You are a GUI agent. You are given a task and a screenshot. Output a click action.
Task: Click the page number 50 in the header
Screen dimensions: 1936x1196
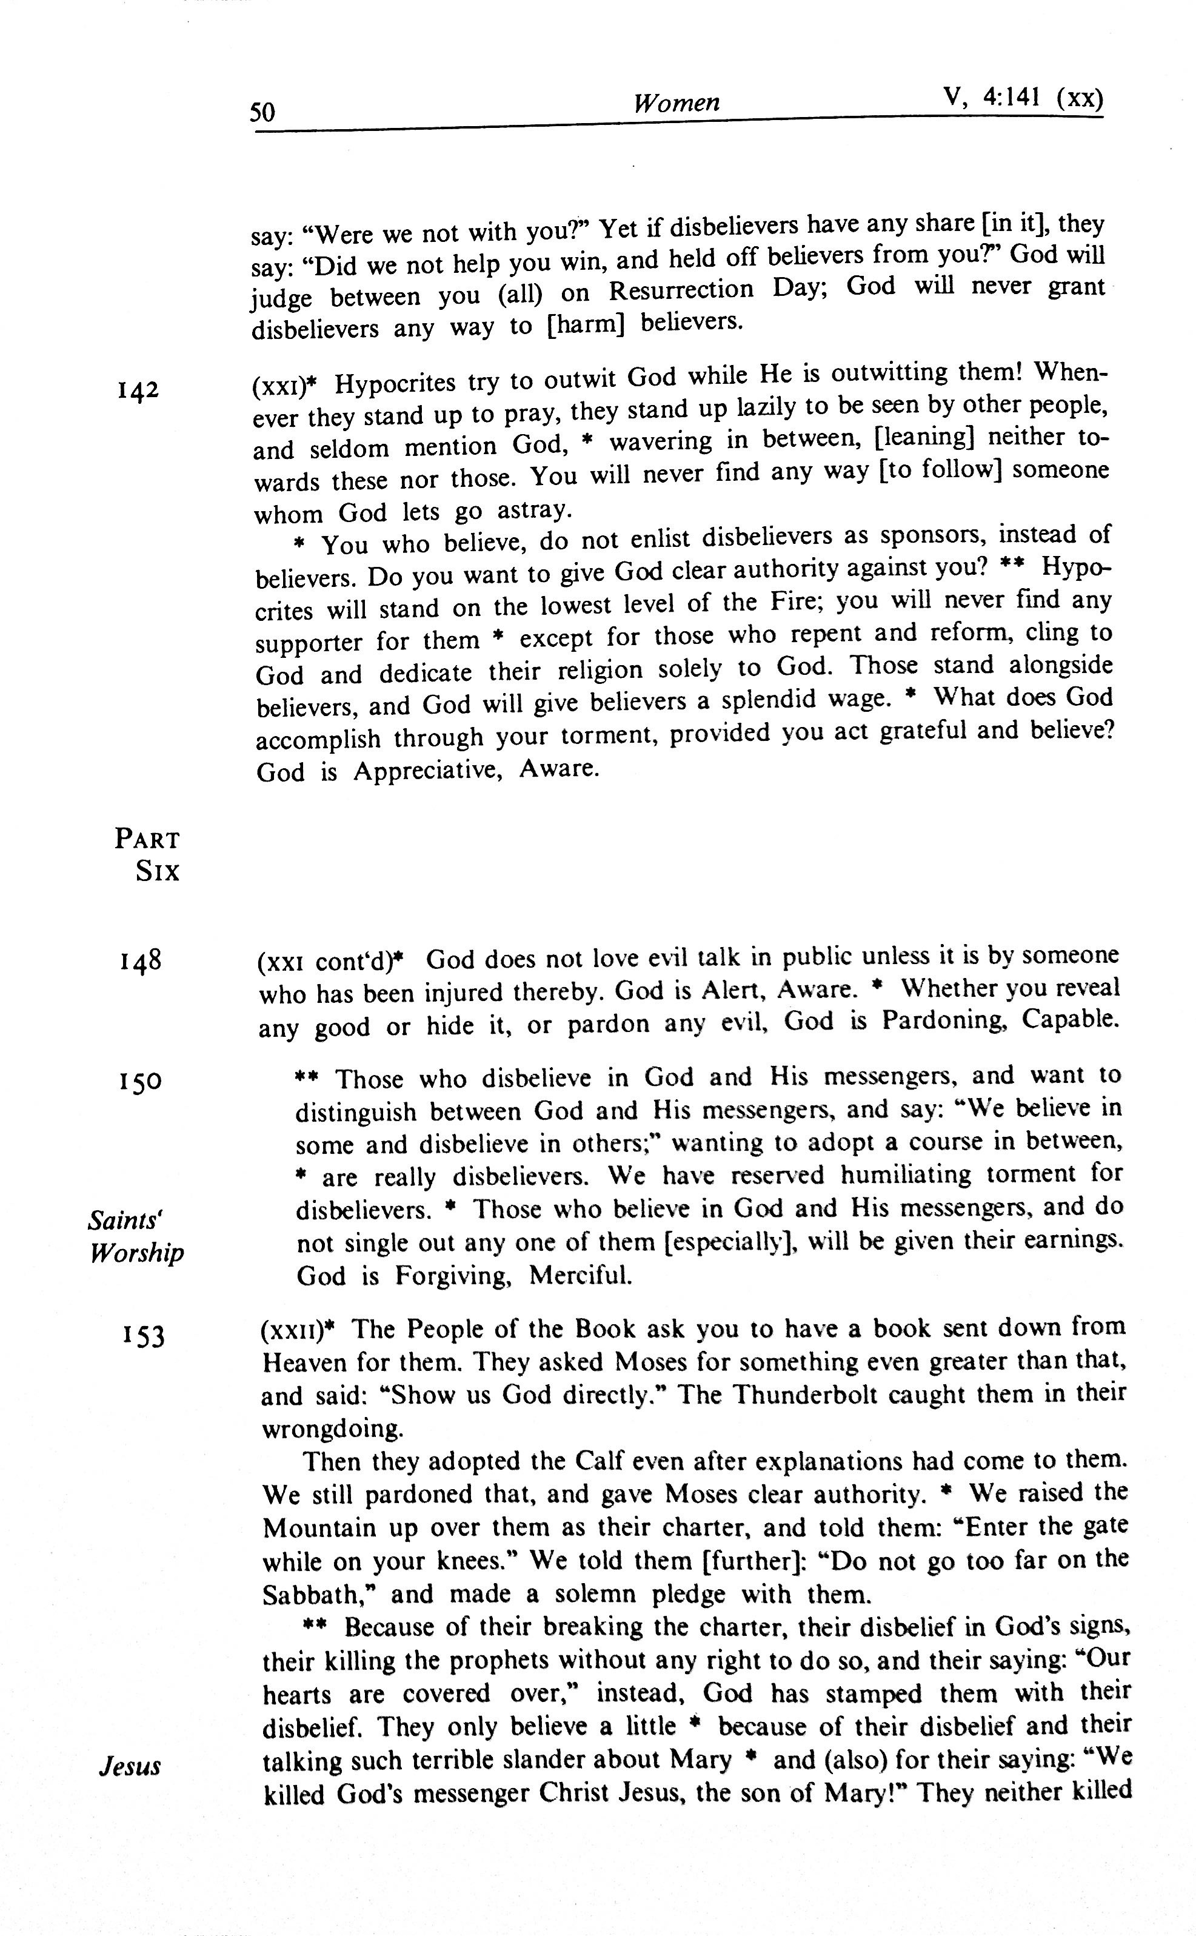[262, 112]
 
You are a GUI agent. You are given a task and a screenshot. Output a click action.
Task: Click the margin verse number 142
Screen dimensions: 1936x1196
[138, 390]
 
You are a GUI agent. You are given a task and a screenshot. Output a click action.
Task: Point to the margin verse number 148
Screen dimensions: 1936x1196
[141, 961]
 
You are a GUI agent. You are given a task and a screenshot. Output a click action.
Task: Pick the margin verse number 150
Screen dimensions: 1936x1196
[141, 1080]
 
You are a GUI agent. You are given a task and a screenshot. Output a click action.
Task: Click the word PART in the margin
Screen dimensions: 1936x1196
[147, 839]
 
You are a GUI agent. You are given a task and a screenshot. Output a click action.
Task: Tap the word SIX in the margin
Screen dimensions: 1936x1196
[158, 872]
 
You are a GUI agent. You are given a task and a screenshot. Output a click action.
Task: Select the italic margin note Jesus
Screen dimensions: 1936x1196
[130, 1767]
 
